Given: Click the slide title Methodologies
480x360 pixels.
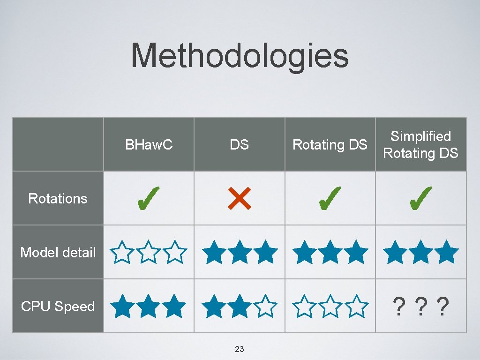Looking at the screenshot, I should [x=240, y=56].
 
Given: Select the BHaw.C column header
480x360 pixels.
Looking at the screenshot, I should [x=149, y=145].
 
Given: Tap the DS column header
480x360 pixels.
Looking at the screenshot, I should [x=239, y=145].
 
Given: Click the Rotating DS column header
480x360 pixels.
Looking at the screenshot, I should [x=330, y=145].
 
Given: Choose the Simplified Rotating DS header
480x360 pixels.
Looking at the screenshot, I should [x=420, y=144].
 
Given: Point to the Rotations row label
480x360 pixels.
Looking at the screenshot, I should [x=58, y=198].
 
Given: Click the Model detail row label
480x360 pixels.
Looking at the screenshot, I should [x=58, y=253].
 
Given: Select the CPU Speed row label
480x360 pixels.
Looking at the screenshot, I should [x=58, y=307].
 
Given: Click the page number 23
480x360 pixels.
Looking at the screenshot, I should [x=239, y=349].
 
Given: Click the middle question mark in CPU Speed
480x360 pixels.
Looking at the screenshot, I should [x=420, y=307].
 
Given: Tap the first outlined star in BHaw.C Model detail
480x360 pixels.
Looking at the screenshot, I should [x=123, y=252].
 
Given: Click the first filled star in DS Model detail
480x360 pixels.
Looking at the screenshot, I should [x=214, y=252].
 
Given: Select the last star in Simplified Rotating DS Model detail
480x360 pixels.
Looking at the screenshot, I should [x=446, y=252].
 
